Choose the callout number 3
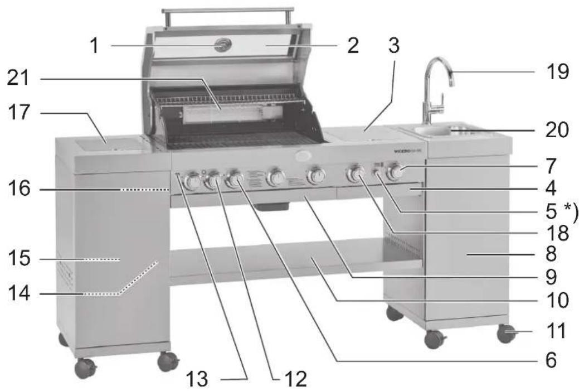pyautogui.click(x=394, y=46)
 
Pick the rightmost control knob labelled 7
pyautogui.click(x=396, y=172)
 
